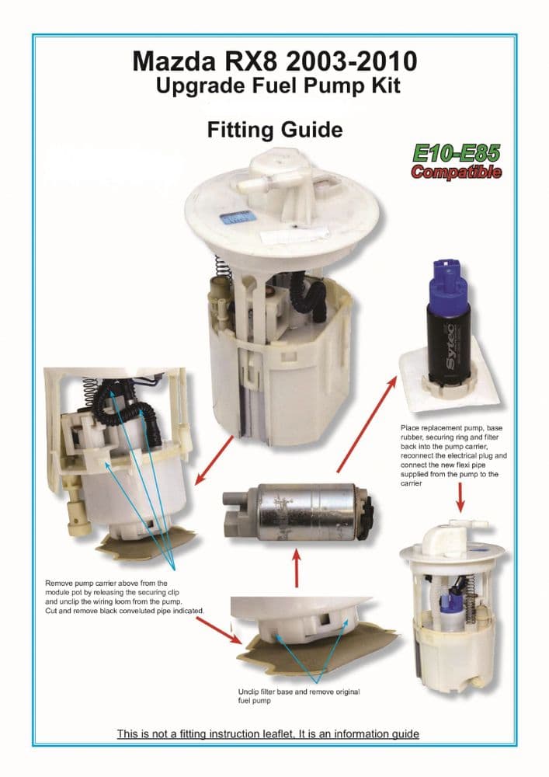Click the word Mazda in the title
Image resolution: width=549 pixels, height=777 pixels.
pyautogui.click(x=174, y=61)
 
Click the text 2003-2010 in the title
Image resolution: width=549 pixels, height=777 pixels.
pyautogui.click(x=351, y=61)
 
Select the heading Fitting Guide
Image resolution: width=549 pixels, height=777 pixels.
pyautogui.click(x=275, y=130)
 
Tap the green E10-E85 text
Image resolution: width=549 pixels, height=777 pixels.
pyautogui.click(x=456, y=153)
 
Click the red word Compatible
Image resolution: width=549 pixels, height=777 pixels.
pyautogui.click(x=456, y=172)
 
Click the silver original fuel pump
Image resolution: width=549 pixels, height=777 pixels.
pyautogui.click(x=298, y=511)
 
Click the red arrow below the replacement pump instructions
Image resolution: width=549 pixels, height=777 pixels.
pyautogui.click(x=460, y=497)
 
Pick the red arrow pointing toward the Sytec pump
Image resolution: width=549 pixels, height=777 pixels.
pyautogui.click(x=367, y=424)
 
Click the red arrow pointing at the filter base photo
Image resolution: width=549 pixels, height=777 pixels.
pyautogui.click(x=217, y=630)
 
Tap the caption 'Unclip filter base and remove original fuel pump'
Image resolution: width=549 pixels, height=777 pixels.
pyautogui.click(x=298, y=696)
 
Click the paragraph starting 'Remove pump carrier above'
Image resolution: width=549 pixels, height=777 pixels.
pyautogui.click(x=124, y=597)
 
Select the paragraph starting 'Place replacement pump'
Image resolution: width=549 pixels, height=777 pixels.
pyautogui.click(x=453, y=455)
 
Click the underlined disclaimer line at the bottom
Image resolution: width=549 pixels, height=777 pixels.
pyautogui.click(x=268, y=734)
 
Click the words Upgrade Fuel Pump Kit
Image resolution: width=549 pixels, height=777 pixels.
pyautogui.click(x=278, y=85)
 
